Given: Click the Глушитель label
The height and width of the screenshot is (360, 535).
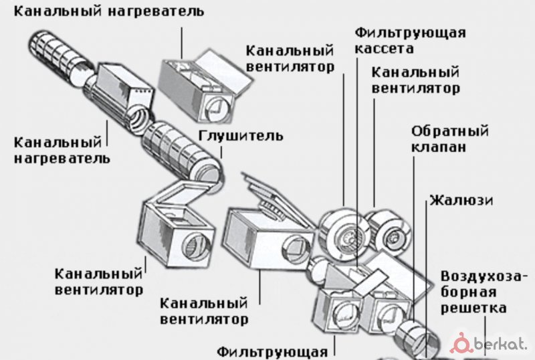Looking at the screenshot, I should (x=241, y=136).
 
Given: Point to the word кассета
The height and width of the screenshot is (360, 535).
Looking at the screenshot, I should (x=385, y=48).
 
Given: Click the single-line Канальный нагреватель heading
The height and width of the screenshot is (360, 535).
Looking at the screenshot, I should (x=109, y=12).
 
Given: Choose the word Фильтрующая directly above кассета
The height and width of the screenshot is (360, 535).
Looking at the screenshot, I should (x=410, y=32).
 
